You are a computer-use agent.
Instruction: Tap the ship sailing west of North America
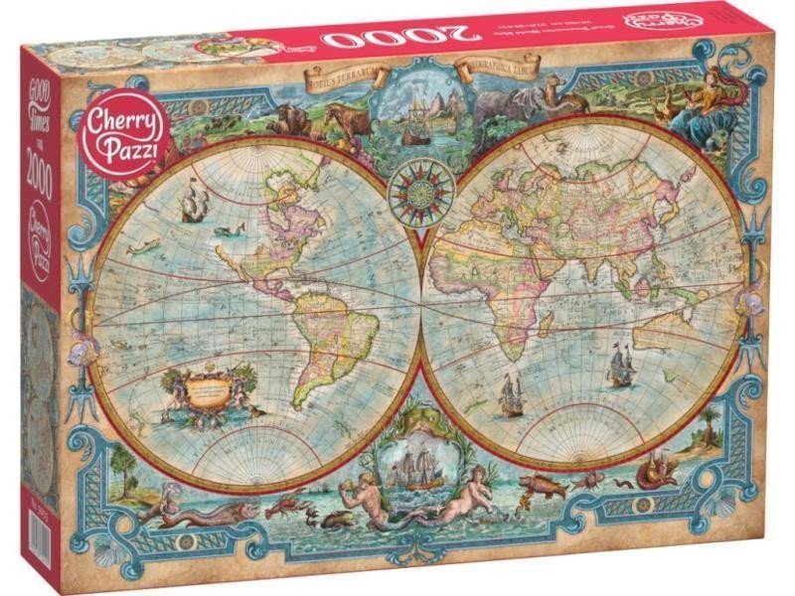[195, 205]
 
